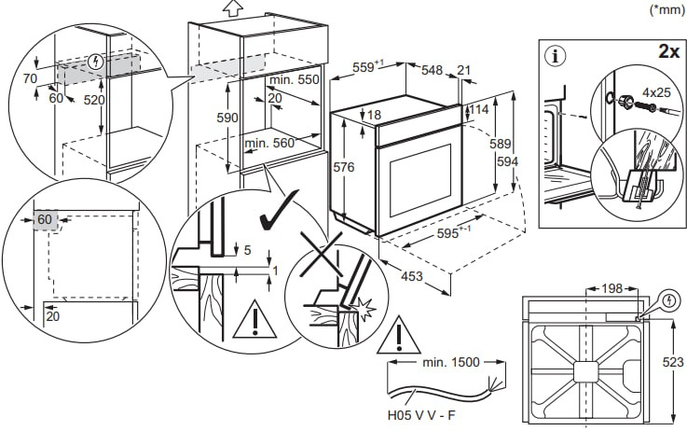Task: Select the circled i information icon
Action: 557,55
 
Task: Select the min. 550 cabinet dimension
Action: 297,80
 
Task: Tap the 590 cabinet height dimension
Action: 227,118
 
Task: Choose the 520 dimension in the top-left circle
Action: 93,100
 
